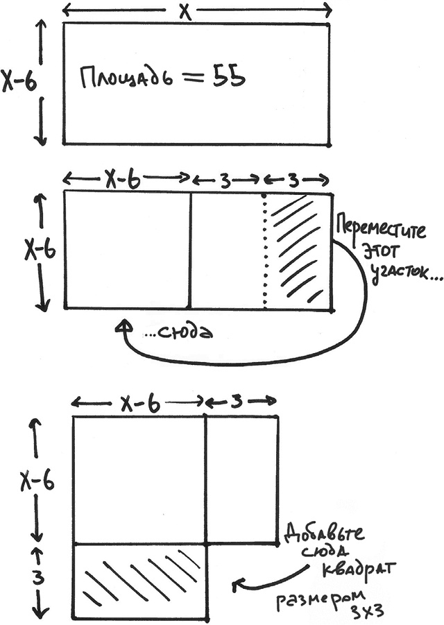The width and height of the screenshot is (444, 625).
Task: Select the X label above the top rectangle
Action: click(183, 10)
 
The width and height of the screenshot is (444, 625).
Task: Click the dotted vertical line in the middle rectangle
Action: click(264, 250)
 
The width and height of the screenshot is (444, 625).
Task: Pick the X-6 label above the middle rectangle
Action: click(125, 180)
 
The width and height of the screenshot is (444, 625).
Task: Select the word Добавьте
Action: click(325, 536)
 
